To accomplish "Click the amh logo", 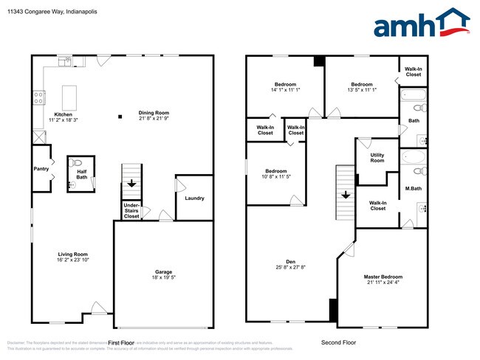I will [x=422, y=24].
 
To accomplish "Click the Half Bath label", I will [x=82, y=174].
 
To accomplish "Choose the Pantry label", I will [x=41, y=169].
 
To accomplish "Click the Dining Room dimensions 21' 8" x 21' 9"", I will [x=154, y=119].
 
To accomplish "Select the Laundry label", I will [x=194, y=198].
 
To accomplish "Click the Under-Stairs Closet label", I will [x=131, y=210].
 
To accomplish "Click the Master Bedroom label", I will [x=383, y=277].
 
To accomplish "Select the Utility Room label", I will [x=377, y=158].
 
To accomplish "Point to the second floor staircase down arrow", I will [x=345, y=195].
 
